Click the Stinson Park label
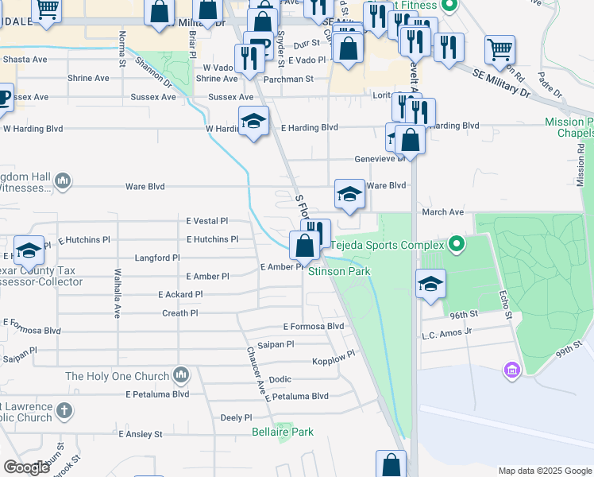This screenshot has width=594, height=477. (x=339, y=272)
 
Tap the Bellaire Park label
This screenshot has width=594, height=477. (x=282, y=432)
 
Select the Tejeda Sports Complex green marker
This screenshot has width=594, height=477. (x=456, y=244)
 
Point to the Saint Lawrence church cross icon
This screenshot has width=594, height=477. (x=64, y=411)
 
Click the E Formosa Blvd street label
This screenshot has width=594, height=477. (x=314, y=327)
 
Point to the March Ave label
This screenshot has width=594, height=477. (x=443, y=212)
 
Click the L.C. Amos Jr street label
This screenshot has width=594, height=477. (x=446, y=334)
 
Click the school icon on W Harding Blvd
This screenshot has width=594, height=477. (x=253, y=122)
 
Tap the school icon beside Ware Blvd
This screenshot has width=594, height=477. (x=349, y=194)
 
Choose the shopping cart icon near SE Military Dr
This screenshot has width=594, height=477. (x=499, y=50)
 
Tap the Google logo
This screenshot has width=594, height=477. (x=26, y=467)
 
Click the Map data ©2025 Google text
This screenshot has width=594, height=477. (x=545, y=471)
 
